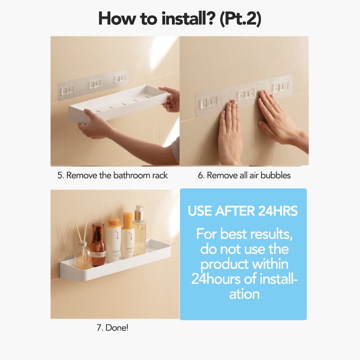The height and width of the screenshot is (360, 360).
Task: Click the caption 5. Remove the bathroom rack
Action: point(112,175)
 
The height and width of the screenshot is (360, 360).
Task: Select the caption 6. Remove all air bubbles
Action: point(244,175)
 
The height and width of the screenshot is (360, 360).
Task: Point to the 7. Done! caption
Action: point(112,328)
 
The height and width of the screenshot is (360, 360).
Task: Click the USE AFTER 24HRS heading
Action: point(243,211)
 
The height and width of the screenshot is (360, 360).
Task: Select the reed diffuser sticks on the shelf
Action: point(81,231)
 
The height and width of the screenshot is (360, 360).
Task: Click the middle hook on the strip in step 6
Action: point(246,94)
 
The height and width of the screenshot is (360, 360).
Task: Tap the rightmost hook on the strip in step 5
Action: point(120,78)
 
